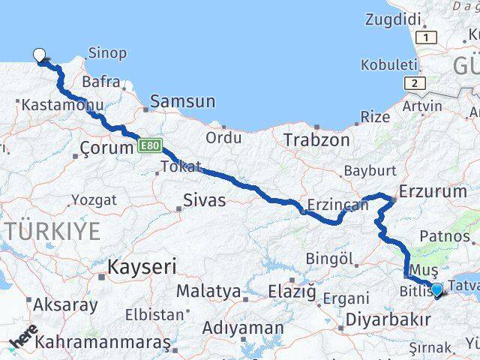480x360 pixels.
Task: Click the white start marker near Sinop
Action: [x=39, y=54]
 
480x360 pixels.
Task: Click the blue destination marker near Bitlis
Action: [x=436, y=289]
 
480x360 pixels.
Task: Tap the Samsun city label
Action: [x=183, y=102]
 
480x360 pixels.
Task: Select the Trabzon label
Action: [x=316, y=139]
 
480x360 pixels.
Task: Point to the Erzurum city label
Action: [x=433, y=192]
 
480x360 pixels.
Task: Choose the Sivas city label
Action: [x=204, y=200]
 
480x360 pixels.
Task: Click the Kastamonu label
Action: [x=46, y=106]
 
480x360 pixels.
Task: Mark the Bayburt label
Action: [x=368, y=170]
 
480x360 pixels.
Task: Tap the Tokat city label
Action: [x=181, y=166]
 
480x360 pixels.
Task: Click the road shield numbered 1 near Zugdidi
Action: [x=426, y=37]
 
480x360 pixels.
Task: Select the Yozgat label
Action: [x=94, y=200]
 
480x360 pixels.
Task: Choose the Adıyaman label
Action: [x=243, y=328]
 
